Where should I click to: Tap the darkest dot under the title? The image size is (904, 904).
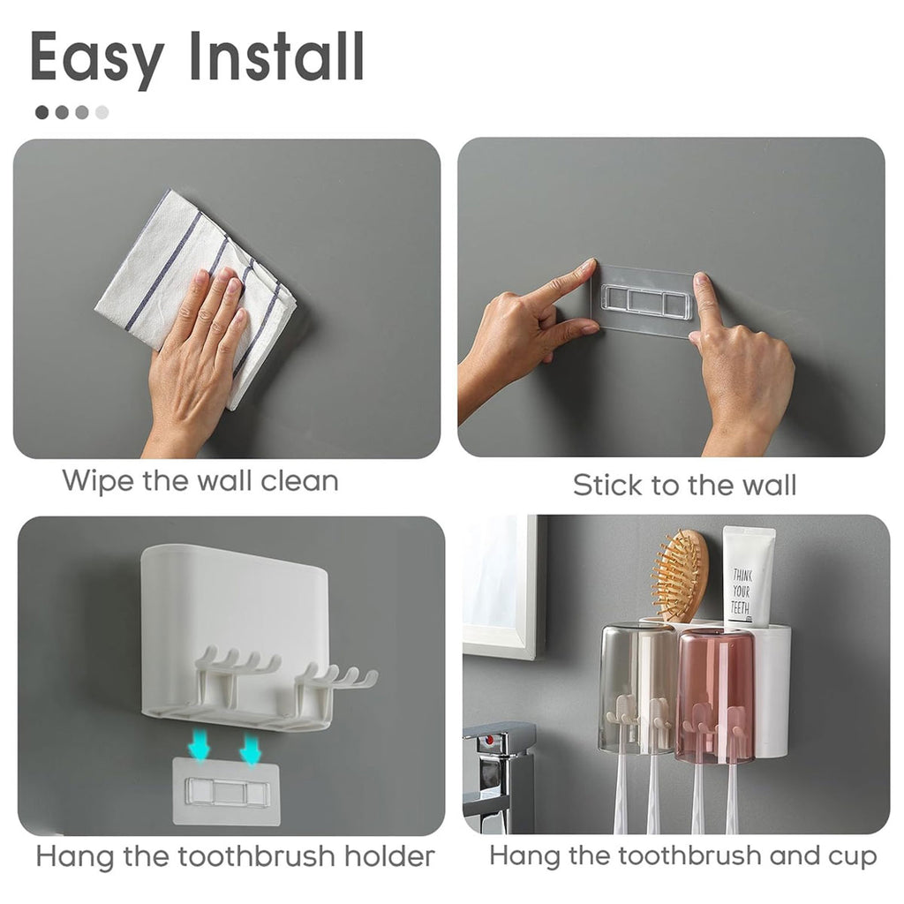(42, 112)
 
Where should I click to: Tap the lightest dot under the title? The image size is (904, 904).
(102, 112)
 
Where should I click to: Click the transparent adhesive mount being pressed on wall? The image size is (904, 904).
(644, 300)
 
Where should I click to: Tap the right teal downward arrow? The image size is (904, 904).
(250, 749)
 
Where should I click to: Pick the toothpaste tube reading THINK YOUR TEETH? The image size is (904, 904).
(748, 577)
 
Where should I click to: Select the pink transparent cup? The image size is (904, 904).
(714, 697)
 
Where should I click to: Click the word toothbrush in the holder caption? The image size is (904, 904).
(256, 856)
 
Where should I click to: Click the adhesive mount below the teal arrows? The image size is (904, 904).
(227, 791)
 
